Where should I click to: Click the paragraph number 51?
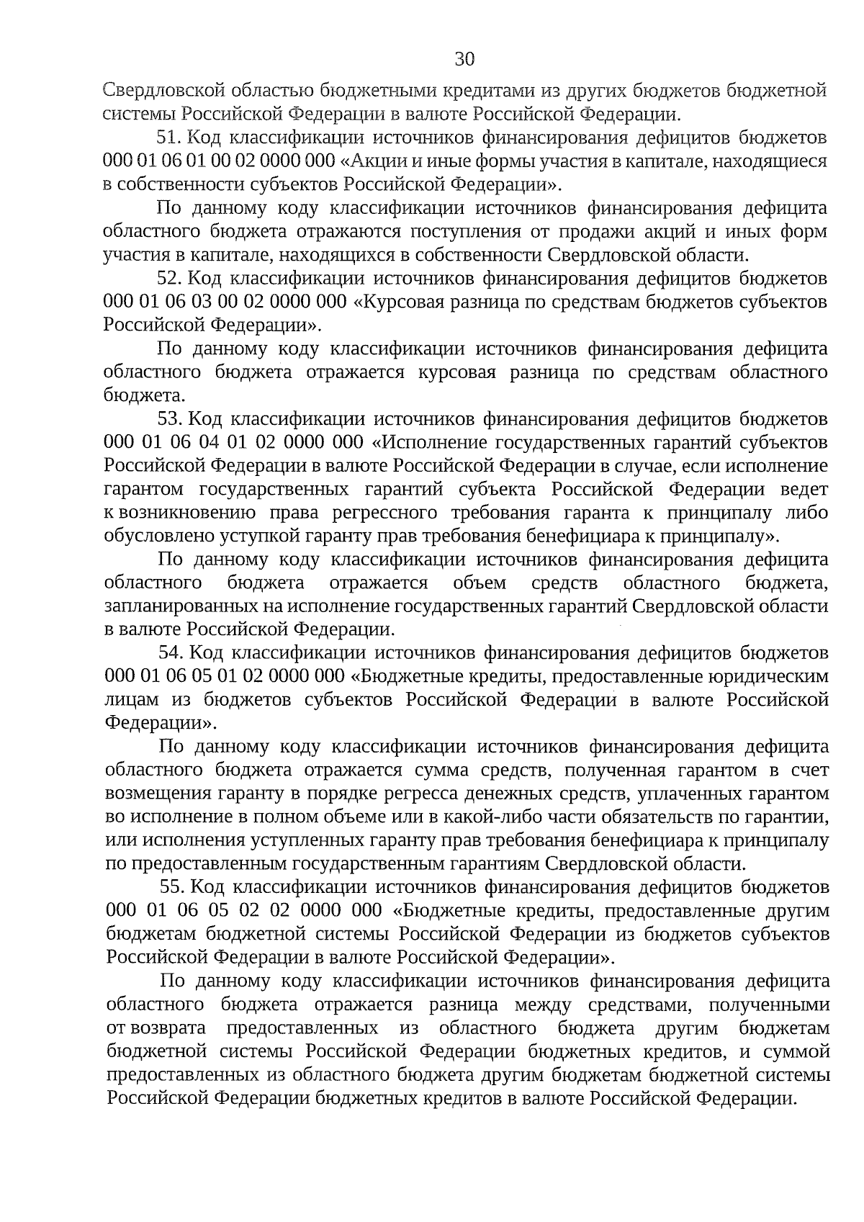point(171,138)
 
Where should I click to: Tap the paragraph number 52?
point(171,278)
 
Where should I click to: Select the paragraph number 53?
point(171,418)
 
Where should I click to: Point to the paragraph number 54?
point(172,652)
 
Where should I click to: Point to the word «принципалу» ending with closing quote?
point(728,536)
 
